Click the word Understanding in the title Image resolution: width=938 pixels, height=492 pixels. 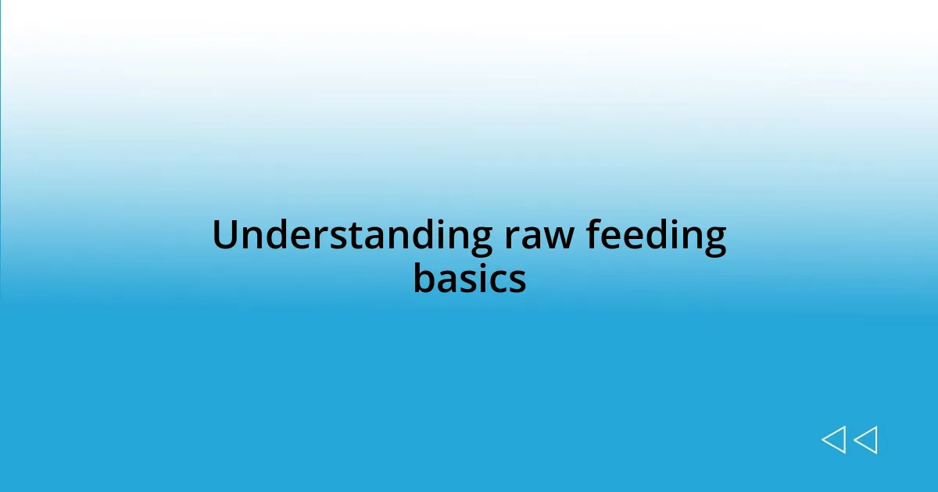click(x=352, y=236)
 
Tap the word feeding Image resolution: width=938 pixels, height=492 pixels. click(x=656, y=236)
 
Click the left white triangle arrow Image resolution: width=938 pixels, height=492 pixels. click(x=834, y=440)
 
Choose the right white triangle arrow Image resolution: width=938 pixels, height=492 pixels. click(x=865, y=440)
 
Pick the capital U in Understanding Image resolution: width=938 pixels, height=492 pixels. click(x=224, y=236)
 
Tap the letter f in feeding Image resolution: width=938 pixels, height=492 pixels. click(x=596, y=234)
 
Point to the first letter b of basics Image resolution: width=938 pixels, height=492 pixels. click(x=423, y=277)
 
